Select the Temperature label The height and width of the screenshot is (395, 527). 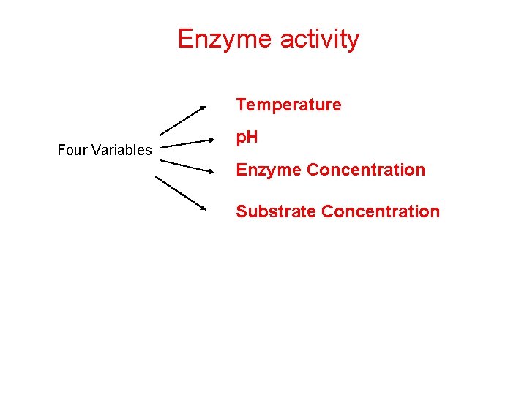click(x=288, y=105)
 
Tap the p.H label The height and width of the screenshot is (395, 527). click(x=247, y=138)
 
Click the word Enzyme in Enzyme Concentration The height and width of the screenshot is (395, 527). click(x=269, y=170)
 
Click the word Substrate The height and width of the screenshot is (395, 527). click(x=275, y=211)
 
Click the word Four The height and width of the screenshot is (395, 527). click(x=72, y=151)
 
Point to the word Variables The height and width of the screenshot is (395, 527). click(x=121, y=151)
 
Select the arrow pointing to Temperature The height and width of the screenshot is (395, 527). click(x=183, y=121)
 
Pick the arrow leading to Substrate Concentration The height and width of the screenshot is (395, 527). click(x=182, y=194)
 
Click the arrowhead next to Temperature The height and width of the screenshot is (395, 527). click(x=203, y=109)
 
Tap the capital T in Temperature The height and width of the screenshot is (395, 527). click(x=241, y=105)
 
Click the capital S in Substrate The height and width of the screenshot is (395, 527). click(x=241, y=211)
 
